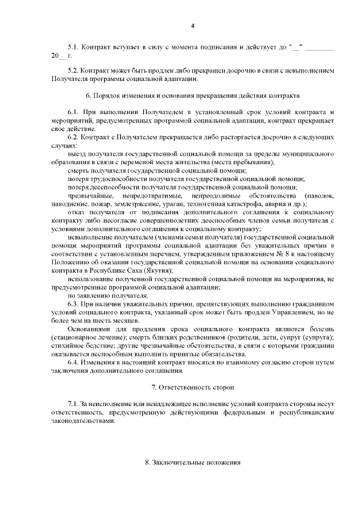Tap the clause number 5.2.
(73, 71)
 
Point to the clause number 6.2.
(73, 137)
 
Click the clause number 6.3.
(73, 304)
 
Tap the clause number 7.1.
(73, 405)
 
